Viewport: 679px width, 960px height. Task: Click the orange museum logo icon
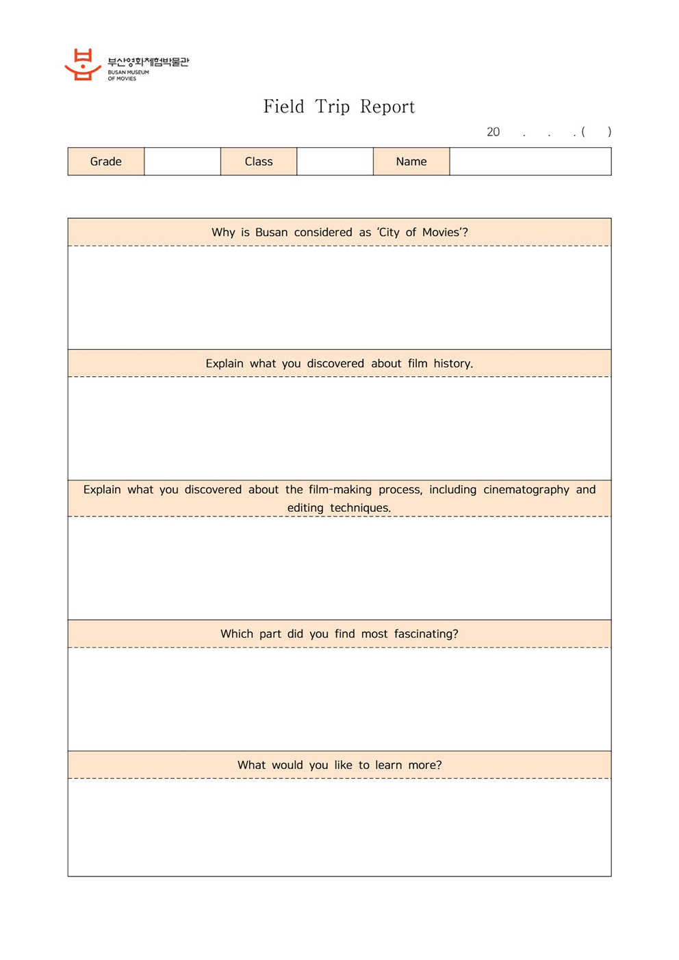tap(83, 65)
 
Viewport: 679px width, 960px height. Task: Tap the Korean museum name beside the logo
tap(148, 62)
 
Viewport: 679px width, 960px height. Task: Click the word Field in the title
tap(283, 107)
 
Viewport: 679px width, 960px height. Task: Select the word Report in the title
tap(387, 107)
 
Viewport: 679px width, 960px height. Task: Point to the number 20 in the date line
tap(493, 132)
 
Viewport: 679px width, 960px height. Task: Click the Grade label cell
tap(106, 161)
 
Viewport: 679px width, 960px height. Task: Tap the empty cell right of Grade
tap(182, 161)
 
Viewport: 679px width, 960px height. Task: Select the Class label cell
tap(259, 161)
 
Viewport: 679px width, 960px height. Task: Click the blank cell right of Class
tap(335, 161)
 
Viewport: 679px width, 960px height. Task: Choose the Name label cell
tap(411, 161)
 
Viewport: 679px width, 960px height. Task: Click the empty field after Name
tap(530, 161)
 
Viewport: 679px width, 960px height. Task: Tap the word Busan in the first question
tap(272, 233)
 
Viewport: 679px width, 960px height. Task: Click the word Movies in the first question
tap(441, 233)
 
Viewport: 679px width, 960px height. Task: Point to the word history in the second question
tap(452, 363)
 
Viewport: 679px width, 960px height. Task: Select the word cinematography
tap(526, 490)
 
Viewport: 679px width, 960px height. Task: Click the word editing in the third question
tap(305, 508)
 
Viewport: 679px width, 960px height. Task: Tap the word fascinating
tap(426, 634)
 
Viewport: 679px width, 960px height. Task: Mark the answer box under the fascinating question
tap(339, 699)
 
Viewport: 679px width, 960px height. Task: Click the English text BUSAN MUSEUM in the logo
tap(128, 73)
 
